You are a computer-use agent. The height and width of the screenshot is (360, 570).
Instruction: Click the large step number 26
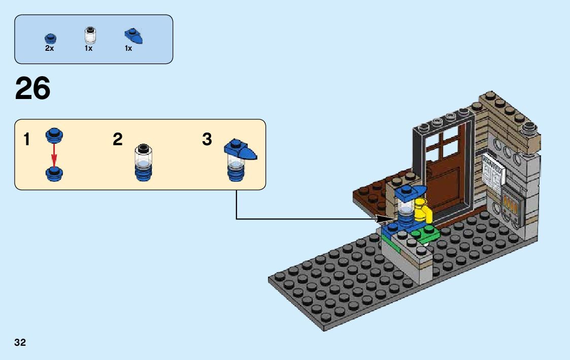(x=33, y=89)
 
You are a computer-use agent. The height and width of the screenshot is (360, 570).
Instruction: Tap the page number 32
(x=20, y=342)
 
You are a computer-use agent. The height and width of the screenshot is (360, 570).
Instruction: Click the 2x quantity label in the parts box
(x=49, y=49)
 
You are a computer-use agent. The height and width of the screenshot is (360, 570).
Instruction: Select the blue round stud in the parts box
(x=50, y=38)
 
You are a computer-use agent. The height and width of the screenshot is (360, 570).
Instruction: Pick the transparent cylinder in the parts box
(x=89, y=36)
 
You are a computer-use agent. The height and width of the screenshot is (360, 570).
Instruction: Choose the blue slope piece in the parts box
(x=133, y=36)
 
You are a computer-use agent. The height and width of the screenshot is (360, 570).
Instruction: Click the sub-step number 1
(x=27, y=140)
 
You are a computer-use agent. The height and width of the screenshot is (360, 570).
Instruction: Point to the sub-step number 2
(x=118, y=140)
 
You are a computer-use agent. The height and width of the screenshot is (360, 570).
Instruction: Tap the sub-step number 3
(x=207, y=140)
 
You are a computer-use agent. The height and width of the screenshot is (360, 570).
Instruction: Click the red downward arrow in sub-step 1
(x=54, y=153)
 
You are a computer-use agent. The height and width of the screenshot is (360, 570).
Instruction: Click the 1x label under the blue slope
(x=128, y=49)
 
